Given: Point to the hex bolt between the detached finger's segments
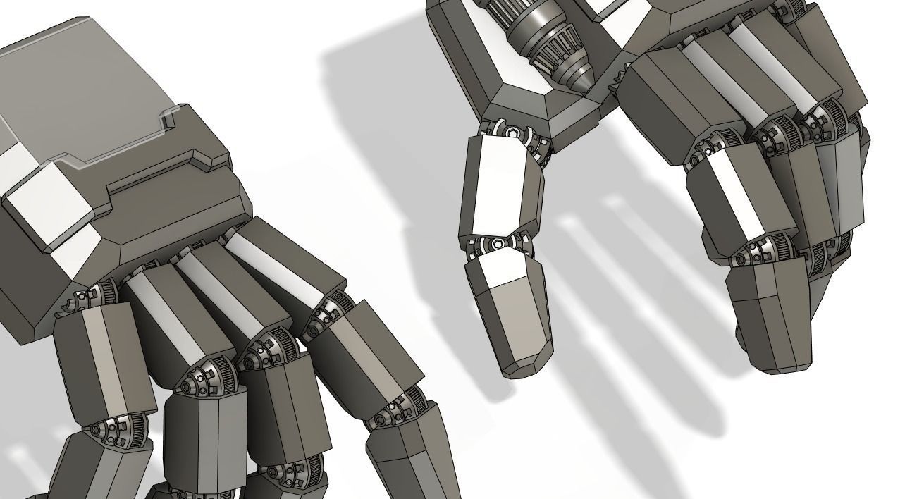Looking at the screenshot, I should (498, 244).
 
